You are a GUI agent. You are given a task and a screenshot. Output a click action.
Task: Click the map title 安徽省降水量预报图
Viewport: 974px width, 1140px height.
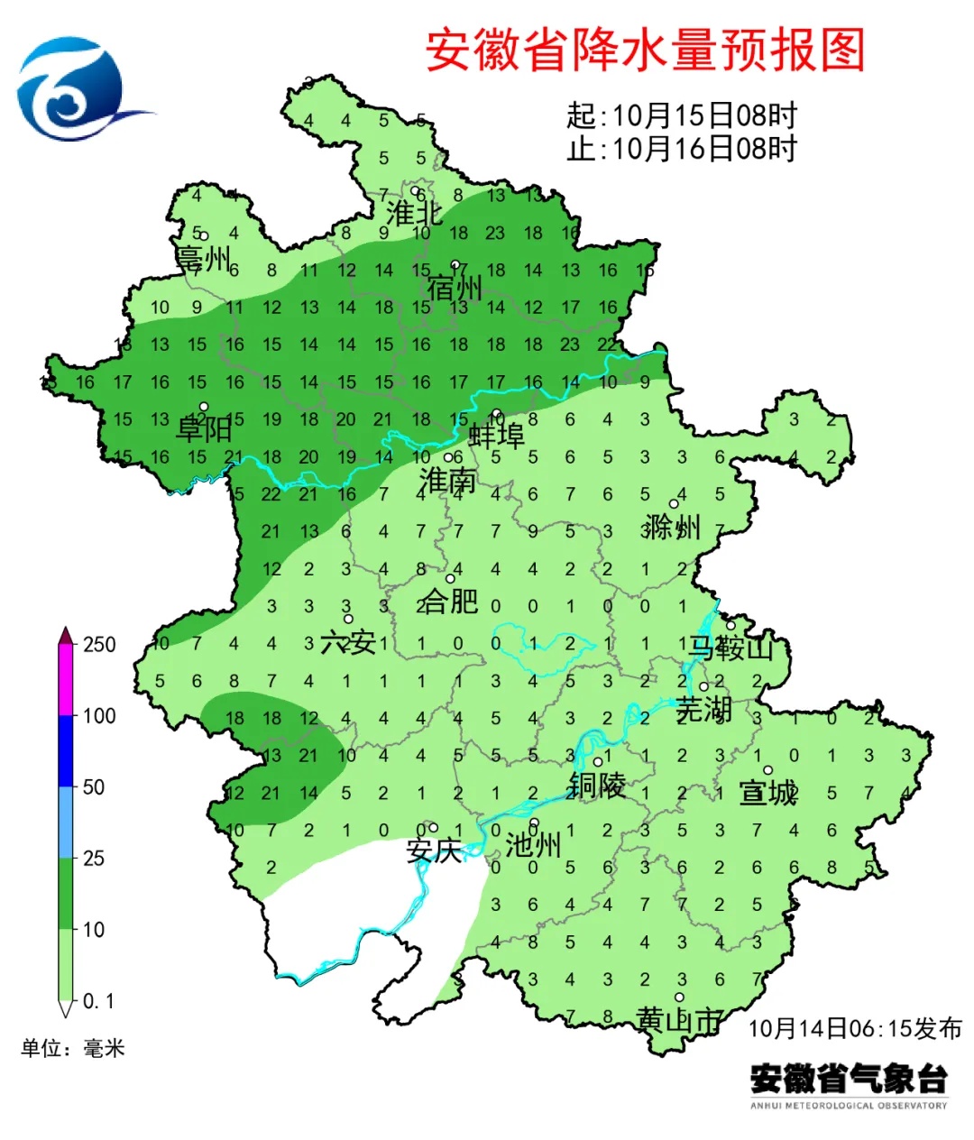(645, 50)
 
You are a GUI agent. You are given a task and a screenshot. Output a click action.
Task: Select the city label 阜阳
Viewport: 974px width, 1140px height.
(204, 427)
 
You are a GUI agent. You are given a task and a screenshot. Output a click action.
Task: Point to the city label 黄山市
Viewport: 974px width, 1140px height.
(680, 1020)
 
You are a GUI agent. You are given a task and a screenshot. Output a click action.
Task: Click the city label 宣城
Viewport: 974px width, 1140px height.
(768, 793)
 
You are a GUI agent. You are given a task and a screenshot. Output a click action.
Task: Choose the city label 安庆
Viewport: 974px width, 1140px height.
(434, 850)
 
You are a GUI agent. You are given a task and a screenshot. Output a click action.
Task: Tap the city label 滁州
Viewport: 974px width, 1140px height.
(672, 526)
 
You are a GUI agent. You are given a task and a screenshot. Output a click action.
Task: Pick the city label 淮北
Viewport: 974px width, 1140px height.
(414, 214)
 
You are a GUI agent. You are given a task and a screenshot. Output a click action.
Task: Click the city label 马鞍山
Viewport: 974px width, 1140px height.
(731, 647)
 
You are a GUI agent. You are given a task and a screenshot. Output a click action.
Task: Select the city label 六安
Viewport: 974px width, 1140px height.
(348, 642)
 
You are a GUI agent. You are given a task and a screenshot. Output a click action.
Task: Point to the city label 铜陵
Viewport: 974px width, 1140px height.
(596, 786)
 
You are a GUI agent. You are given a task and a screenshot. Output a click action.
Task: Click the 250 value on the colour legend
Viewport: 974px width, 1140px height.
(99, 645)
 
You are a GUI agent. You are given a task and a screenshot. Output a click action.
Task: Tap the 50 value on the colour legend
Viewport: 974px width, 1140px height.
(94, 787)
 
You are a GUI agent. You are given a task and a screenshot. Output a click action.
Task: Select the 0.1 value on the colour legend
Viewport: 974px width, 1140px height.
(98, 1001)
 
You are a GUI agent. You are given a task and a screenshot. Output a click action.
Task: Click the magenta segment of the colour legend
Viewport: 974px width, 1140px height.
(65, 681)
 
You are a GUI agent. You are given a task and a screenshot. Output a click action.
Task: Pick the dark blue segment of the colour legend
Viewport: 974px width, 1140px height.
(65, 750)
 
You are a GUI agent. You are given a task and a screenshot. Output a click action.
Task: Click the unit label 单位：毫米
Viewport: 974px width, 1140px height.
(73, 1048)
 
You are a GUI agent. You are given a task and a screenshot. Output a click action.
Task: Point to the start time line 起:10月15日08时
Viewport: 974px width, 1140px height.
(682, 115)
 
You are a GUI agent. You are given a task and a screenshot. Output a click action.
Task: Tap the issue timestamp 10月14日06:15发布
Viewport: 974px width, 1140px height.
(855, 1028)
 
